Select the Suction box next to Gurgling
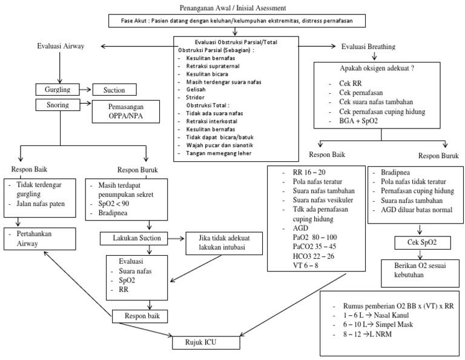117,90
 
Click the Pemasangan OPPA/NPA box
122,110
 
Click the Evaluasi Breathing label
369,47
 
